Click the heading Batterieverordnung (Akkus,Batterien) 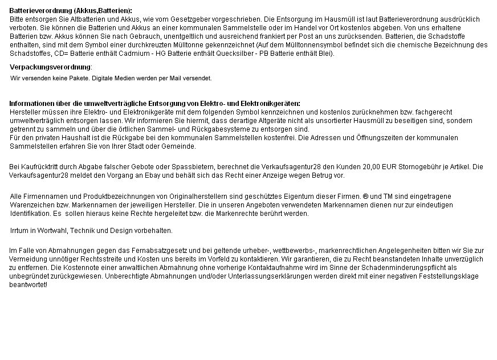[71, 11]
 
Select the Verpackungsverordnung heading [50, 67]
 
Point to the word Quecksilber [194, 54]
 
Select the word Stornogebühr [414, 167]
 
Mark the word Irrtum [20, 231]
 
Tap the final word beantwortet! [28, 285]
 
